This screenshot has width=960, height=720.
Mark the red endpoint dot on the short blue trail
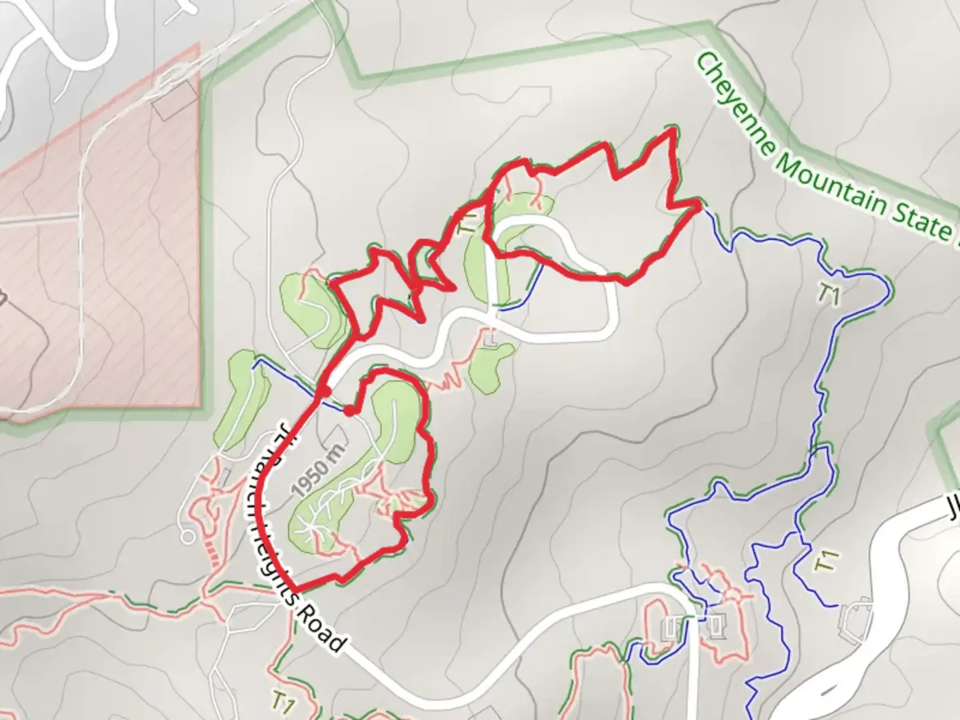(x=349, y=410)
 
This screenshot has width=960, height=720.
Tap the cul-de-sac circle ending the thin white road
(x=187, y=535)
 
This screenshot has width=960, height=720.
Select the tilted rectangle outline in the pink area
(x=176, y=101)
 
